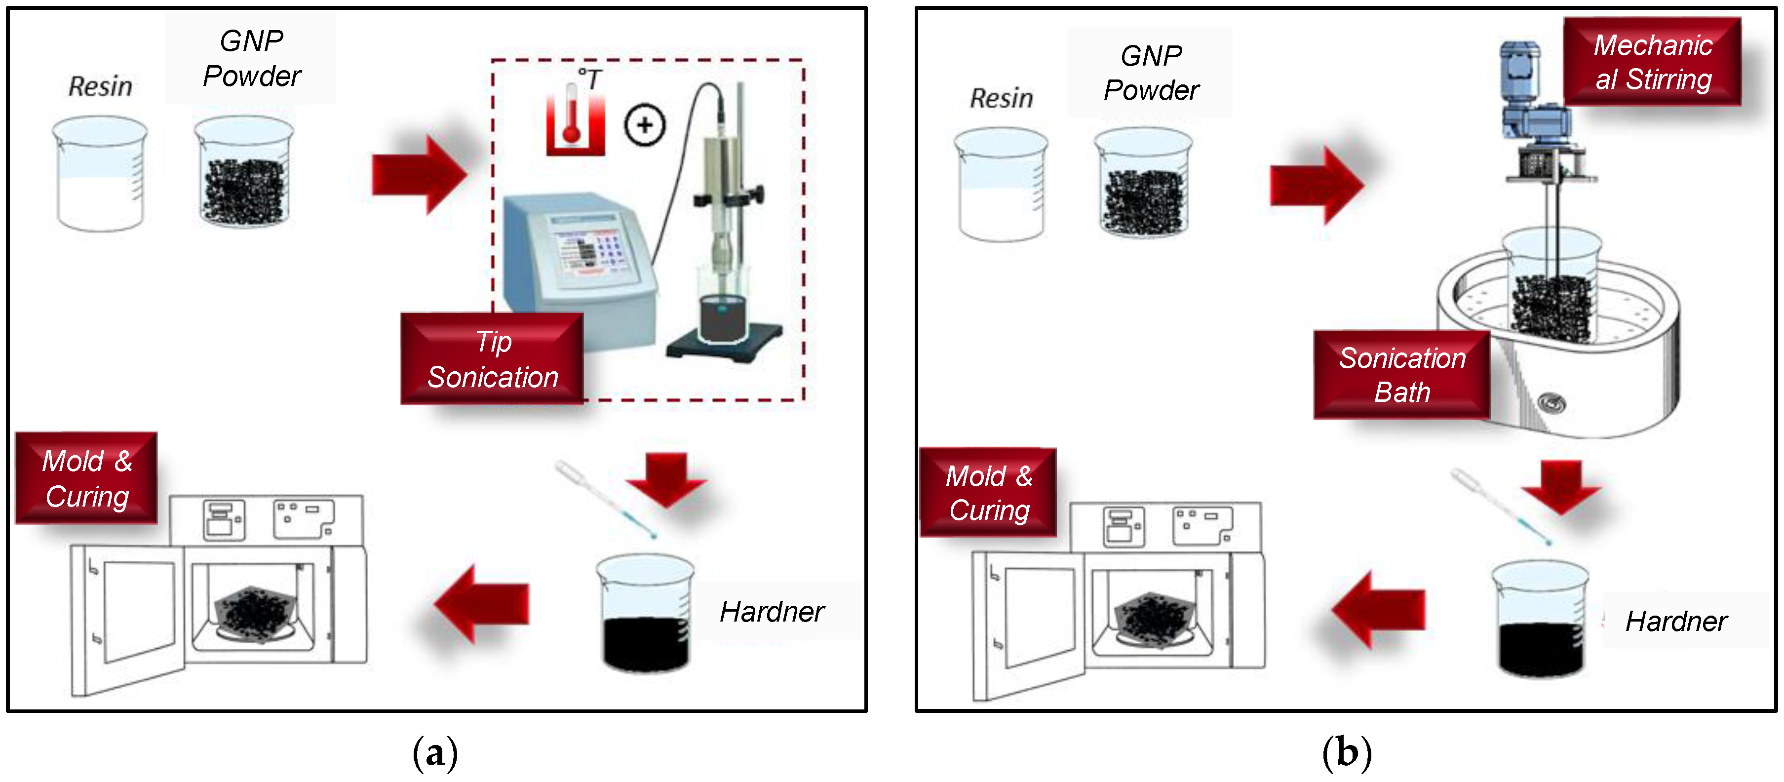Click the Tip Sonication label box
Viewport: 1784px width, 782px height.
[492, 359]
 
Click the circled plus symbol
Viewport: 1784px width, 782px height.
[644, 125]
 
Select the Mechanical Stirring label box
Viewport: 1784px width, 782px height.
[1652, 62]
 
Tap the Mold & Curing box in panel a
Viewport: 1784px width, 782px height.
[86, 478]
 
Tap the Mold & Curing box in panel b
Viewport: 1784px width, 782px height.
[988, 493]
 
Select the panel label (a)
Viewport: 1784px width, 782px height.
[435, 752]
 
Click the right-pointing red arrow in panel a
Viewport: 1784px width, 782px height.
[419, 174]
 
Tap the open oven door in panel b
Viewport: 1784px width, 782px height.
[1028, 624]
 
